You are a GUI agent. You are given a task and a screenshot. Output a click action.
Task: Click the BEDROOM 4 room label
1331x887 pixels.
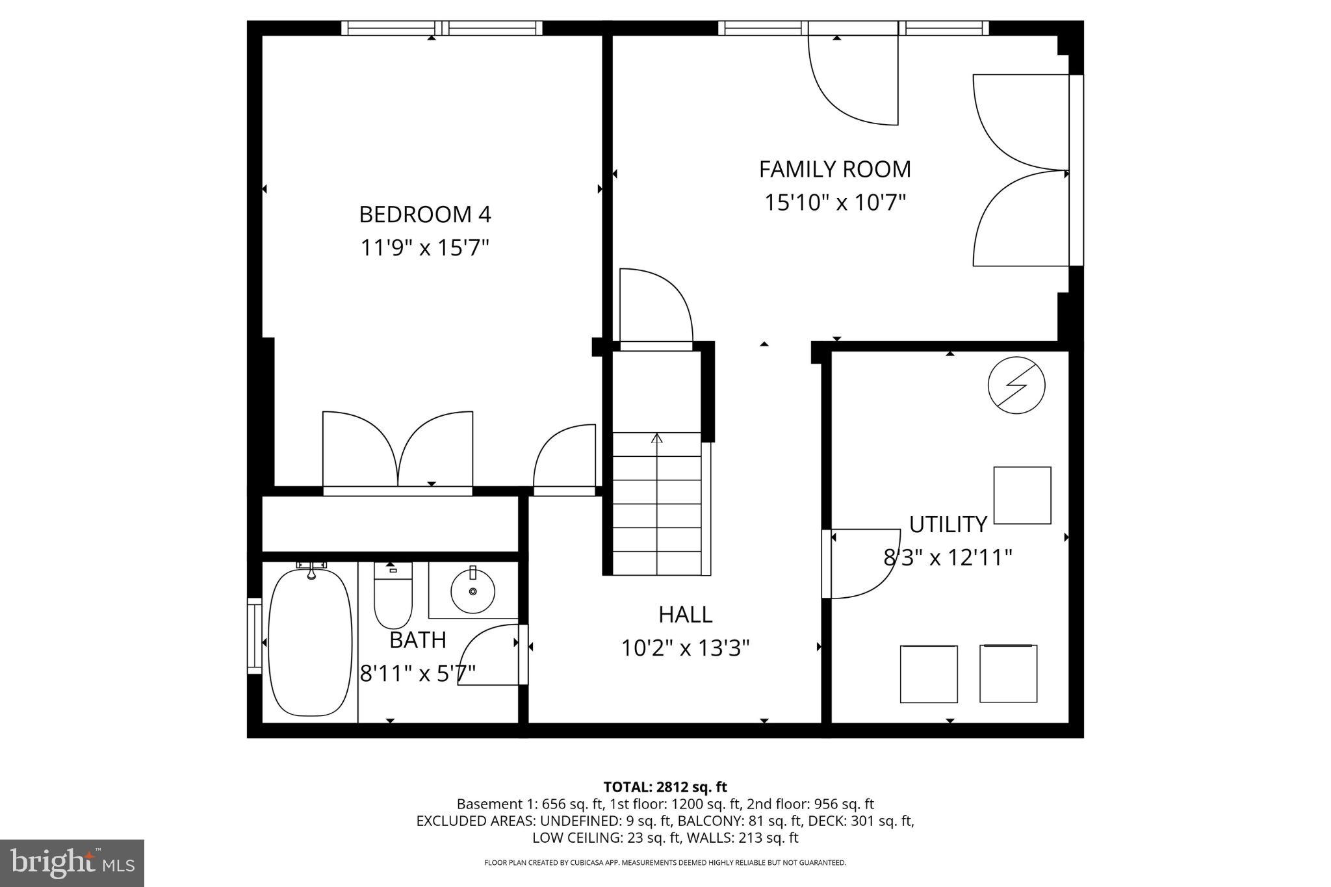click(x=425, y=214)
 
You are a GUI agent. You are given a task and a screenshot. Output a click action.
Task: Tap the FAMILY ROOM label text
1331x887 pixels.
click(x=834, y=170)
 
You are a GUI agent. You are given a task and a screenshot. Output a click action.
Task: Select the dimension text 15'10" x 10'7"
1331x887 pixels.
click(x=834, y=203)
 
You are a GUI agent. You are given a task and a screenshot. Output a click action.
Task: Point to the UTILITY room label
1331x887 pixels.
click(x=948, y=524)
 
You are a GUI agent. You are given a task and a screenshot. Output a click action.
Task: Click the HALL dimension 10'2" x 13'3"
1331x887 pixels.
click(x=685, y=648)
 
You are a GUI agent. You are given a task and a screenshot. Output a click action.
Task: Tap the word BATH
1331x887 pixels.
click(x=417, y=640)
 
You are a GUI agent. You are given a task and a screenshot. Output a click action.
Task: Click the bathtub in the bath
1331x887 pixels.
click(x=310, y=642)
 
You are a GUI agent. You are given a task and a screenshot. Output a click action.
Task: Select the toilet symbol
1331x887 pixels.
click(x=393, y=595)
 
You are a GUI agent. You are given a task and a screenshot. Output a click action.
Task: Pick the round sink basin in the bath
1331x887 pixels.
click(x=472, y=591)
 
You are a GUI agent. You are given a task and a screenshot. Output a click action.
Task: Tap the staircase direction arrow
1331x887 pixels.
click(x=656, y=439)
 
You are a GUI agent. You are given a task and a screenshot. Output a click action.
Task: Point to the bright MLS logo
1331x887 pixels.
click(x=72, y=863)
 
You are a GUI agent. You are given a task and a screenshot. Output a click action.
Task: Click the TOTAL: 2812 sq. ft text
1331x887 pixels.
click(x=665, y=787)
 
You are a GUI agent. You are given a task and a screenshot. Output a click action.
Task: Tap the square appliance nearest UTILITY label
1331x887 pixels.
click(x=1022, y=495)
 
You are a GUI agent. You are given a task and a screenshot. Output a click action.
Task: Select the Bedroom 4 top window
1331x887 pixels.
click(x=442, y=28)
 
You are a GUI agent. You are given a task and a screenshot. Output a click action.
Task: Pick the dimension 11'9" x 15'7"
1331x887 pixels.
click(x=425, y=248)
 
